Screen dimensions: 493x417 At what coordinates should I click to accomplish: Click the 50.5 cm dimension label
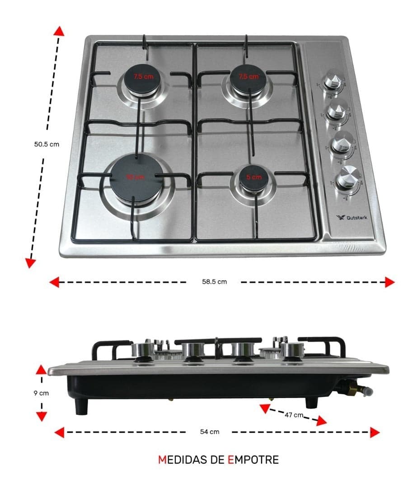[x=47, y=144]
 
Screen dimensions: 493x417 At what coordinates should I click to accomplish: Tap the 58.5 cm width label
[x=214, y=282]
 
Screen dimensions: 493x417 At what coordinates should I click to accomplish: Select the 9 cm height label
[x=41, y=393]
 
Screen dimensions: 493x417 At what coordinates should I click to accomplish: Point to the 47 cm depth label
[x=294, y=415]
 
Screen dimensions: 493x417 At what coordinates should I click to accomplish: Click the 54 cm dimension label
[x=210, y=432]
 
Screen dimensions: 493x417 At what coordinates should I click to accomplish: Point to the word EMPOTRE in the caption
[x=253, y=460]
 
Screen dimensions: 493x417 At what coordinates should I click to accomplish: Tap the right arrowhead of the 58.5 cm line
[x=389, y=282]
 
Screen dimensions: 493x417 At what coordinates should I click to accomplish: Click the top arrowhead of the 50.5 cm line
[x=58, y=31]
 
